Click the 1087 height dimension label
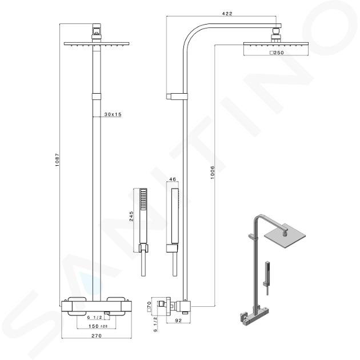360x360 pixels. pyautogui.click(x=57, y=160)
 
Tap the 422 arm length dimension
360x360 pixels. pyautogui.click(x=227, y=14)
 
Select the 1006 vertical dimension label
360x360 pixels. pyautogui.click(x=213, y=173)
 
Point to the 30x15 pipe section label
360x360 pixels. pyautogui.click(x=113, y=114)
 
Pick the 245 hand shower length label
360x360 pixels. pyautogui.click(x=131, y=216)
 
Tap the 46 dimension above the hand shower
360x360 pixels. pyautogui.click(x=173, y=179)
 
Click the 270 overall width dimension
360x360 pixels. pyautogui.click(x=97, y=335)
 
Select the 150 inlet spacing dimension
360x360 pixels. pyautogui.click(x=94, y=326)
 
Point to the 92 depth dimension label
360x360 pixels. pyautogui.click(x=178, y=321)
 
